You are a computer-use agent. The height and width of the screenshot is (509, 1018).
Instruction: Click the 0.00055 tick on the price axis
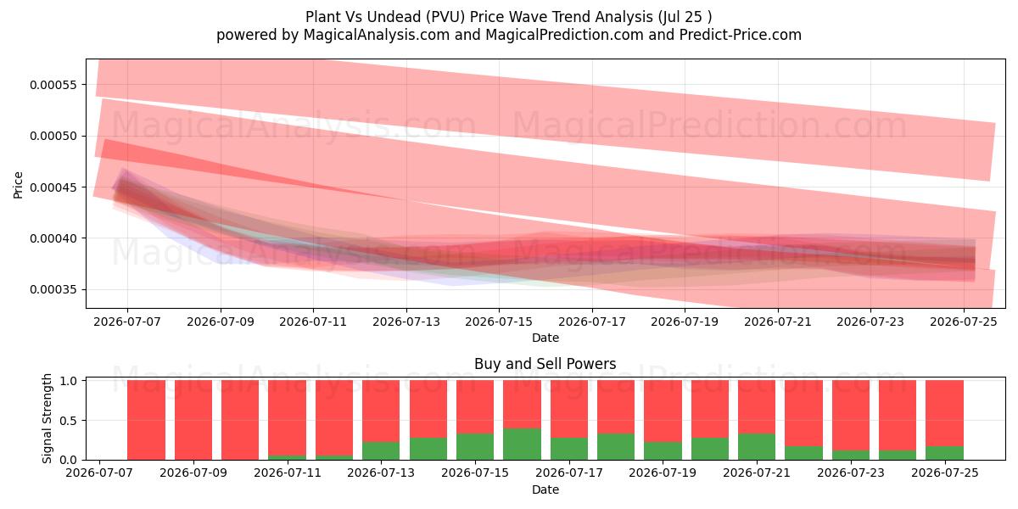tap(53, 85)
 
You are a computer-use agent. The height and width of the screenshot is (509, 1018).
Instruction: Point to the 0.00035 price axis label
tap(53, 290)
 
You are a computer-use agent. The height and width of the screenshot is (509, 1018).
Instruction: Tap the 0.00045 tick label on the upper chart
tap(53, 187)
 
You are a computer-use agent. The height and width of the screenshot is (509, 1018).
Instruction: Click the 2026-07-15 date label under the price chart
tap(499, 322)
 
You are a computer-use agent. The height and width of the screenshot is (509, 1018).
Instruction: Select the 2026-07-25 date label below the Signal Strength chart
tap(945, 473)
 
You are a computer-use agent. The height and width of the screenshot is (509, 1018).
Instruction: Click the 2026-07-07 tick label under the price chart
tap(127, 322)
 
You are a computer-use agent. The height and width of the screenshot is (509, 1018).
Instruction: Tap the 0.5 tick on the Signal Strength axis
tap(68, 421)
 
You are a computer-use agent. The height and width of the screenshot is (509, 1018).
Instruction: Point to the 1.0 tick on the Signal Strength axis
tap(68, 381)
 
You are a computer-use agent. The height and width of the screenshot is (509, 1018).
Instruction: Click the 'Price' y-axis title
tap(18, 185)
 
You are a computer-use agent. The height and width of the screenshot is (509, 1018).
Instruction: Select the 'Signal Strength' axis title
tap(47, 418)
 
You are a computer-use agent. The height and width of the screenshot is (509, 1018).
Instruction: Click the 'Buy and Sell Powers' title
tap(545, 364)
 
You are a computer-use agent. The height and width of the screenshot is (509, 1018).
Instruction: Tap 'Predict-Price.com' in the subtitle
tap(741, 35)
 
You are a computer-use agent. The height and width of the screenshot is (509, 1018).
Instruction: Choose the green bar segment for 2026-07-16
tap(522, 444)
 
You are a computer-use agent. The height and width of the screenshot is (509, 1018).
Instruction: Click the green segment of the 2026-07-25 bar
tap(944, 453)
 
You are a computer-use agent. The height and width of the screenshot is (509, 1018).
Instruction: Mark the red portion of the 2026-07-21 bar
tap(757, 406)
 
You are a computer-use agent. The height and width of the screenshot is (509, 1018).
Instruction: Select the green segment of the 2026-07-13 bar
tap(381, 450)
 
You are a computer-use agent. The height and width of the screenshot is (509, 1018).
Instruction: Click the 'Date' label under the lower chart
tap(545, 489)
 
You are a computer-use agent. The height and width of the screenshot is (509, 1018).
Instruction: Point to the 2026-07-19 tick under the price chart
tap(685, 322)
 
